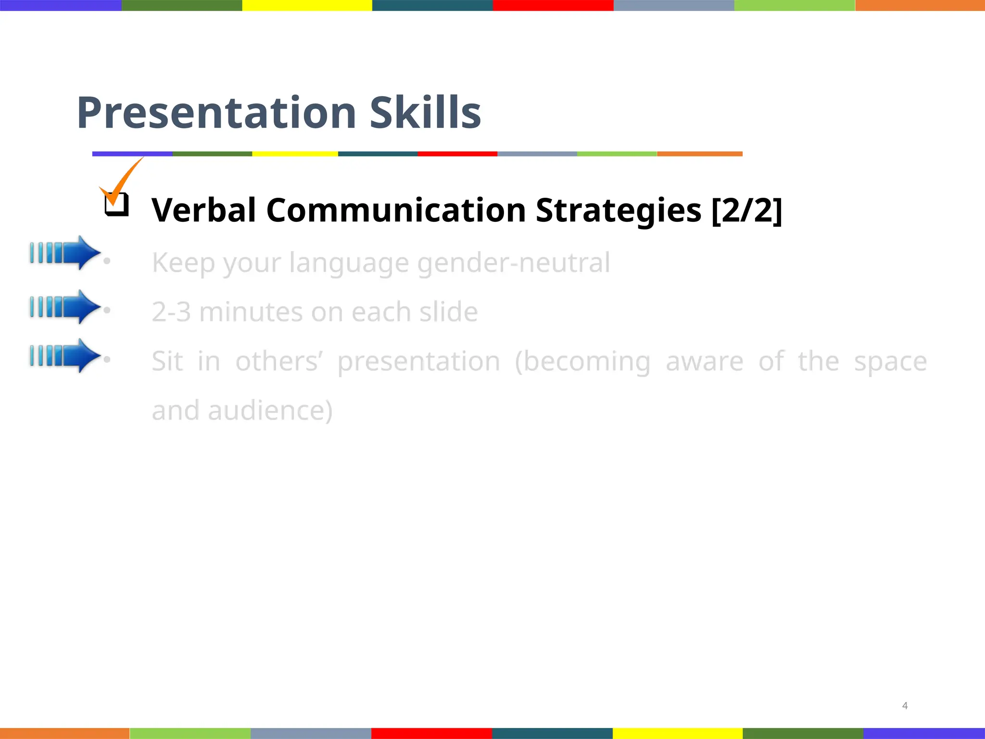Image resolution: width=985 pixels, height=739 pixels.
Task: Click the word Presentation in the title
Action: (216, 113)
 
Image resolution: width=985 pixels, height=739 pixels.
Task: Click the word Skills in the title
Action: (425, 113)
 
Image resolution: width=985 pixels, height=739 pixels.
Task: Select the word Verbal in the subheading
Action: (203, 210)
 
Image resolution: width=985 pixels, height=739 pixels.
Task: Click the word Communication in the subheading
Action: (396, 210)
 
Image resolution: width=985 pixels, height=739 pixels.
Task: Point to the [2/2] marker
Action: (746, 210)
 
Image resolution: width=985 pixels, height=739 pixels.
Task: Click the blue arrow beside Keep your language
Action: (65, 253)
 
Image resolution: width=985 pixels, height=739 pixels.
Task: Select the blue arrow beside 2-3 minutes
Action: (65, 306)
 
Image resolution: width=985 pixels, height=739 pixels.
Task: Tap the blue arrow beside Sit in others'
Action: (65, 355)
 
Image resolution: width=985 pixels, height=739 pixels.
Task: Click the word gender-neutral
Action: (514, 263)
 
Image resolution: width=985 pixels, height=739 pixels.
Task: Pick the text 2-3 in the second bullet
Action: (171, 312)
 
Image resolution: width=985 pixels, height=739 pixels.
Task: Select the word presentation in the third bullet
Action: (418, 362)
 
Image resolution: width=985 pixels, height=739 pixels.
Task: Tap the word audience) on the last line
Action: (270, 411)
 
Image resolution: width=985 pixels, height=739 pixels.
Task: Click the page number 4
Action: (905, 706)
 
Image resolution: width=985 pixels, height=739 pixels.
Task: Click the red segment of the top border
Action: (553, 5)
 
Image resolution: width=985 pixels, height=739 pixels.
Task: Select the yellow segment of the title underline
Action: (295, 154)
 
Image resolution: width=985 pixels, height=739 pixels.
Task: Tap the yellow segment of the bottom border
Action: (677, 733)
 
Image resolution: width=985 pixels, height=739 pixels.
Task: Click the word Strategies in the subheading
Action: (619, 210)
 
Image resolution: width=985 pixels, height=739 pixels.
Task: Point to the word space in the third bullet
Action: (890, 362)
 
